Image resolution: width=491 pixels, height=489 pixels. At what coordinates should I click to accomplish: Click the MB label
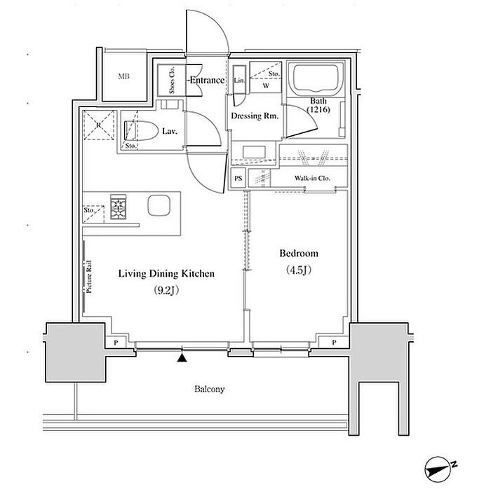click(123, 76)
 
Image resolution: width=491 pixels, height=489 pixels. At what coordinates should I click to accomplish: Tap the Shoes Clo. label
click(172, 80)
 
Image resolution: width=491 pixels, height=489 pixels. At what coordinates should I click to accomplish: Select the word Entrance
click(208, 81)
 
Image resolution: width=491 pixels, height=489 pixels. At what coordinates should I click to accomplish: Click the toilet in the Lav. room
click(141, 131)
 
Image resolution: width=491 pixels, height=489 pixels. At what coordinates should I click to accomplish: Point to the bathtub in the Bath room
click(316, 78)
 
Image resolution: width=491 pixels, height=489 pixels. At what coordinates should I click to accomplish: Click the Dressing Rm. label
click(255, 116)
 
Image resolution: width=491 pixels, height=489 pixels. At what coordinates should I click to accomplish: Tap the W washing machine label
click(266, 85)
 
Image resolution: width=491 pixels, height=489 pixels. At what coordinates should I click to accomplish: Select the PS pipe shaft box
click(238, 178)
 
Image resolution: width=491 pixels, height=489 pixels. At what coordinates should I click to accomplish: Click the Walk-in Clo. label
click(312, 178)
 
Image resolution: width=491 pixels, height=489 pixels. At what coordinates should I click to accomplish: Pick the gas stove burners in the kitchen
click(119, 207)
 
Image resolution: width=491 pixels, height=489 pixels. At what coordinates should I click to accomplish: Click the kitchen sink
click(159, 205)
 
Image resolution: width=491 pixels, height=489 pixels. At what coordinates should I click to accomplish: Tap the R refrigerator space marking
click(99, 125)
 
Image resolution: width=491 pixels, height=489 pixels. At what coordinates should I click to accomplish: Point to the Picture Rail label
click(89, 277)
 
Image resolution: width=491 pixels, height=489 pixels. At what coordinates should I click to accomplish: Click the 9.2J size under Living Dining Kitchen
click(166, 291)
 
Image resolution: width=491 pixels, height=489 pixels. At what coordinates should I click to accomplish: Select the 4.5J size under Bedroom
click(298, 270)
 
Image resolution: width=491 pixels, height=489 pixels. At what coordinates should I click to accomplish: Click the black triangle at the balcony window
click(182, 358)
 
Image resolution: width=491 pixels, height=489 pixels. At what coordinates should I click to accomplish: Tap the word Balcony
click(210, 390)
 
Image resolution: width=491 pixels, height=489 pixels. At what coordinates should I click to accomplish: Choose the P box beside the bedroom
click(334, 343)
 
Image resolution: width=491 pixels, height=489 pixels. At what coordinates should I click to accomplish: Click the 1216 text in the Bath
click(318, 110)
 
